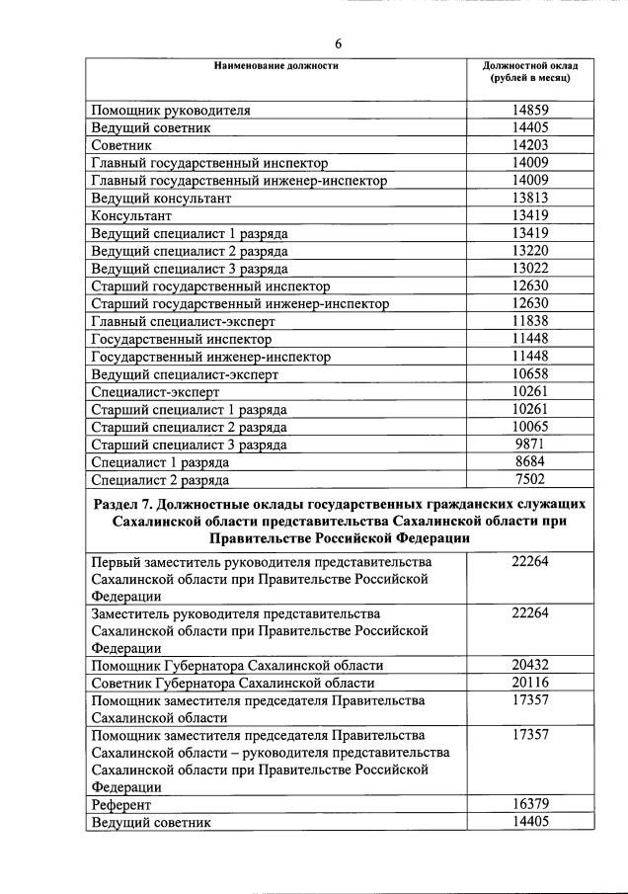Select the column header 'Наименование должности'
tap(276, 66)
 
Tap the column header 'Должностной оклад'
tap(530, 66)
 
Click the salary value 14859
tap(530, 110)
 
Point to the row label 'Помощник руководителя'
tap(171, 111)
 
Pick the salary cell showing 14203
tap(530, 145)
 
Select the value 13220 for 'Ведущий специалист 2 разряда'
tap(530, 251)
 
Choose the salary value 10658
tap(530, 374)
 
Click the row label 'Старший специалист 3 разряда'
tap(189, 446)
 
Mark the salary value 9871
tap(530, 445)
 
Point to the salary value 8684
tap(530, 462)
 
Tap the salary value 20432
tap(530, 665)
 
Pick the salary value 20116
tap(530, 683)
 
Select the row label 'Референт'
tap(119, 805)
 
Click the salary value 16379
tap(530, 804)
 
